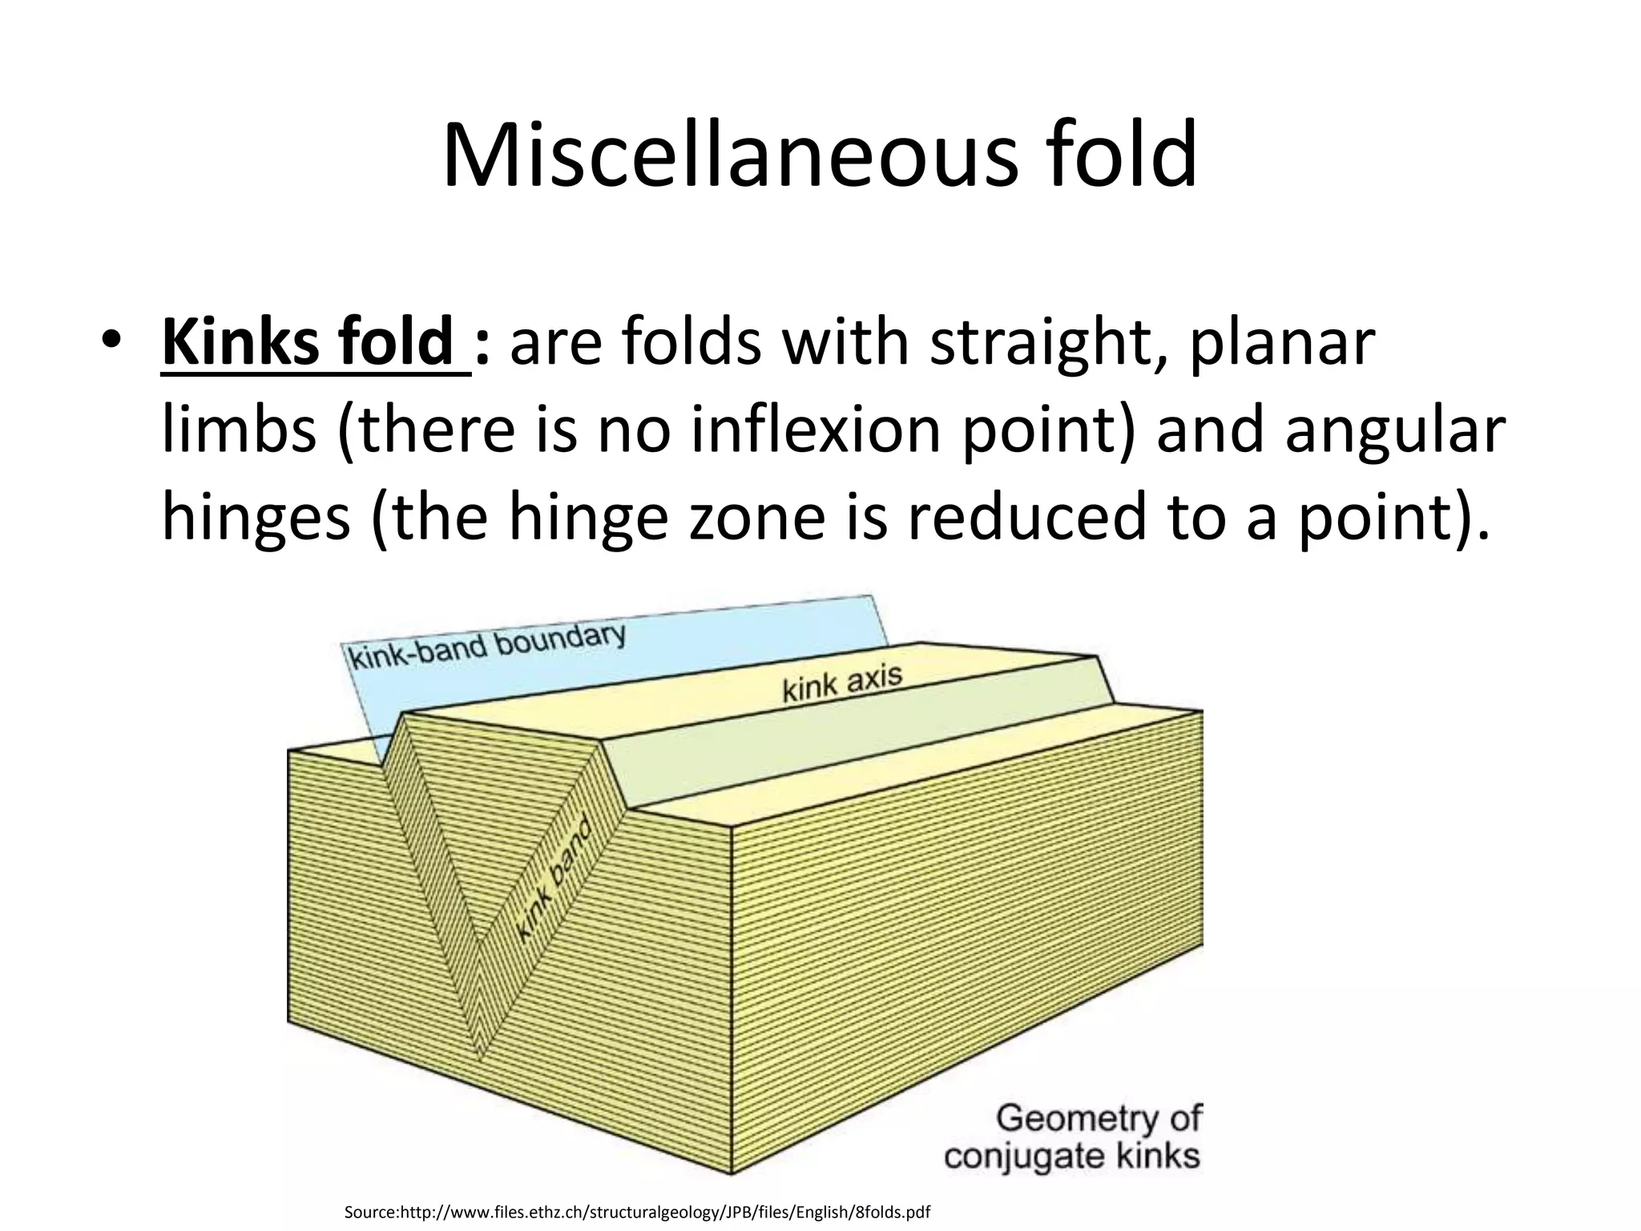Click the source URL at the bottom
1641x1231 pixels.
637,1211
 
